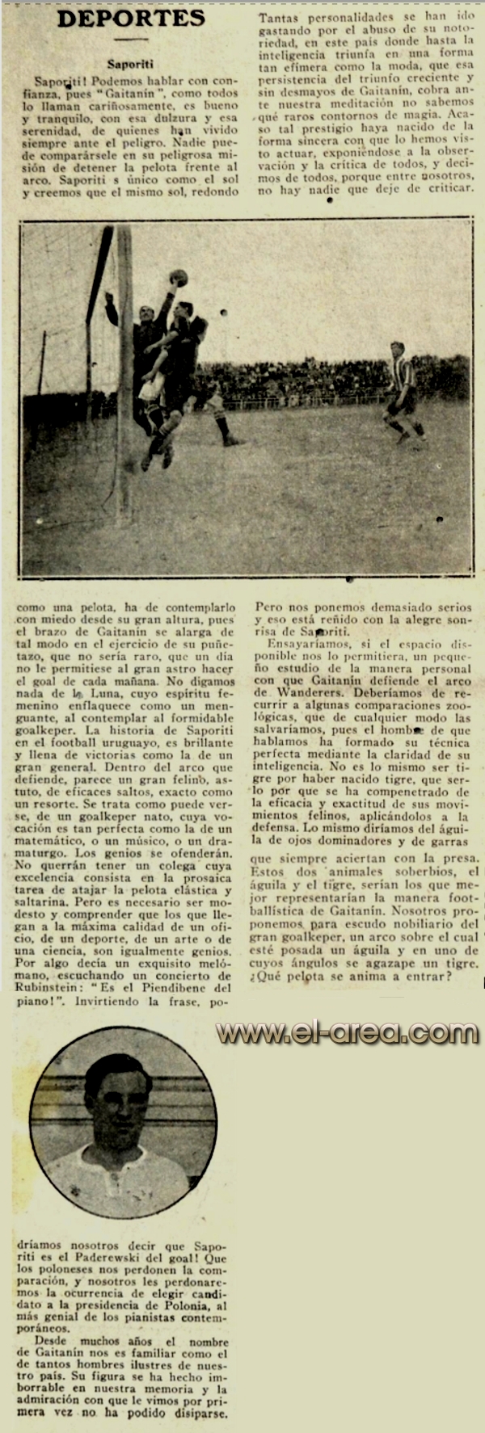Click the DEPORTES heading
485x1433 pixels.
(x=130, y=19)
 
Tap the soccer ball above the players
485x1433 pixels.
(x=179, y=278)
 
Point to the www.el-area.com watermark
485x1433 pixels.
(x=348, y=1033)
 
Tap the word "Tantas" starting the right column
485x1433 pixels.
(x=280, y=16)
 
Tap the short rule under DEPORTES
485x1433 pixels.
(x=130, y=40)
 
